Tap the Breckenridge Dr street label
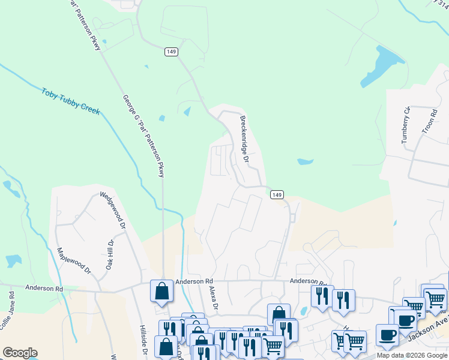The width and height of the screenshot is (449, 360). point(244,139)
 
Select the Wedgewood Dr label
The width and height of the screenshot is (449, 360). point(112,211)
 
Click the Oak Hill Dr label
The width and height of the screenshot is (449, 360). point(110,255)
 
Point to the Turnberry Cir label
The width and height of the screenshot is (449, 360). point(406,125)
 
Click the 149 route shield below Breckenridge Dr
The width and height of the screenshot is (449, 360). point(276,195)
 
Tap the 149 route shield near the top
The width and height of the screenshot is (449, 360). point(171,52)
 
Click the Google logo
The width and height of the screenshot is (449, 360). point(20,353)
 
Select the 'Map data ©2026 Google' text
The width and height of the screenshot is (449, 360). point(413,355)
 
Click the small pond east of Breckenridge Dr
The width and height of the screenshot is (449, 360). point(305,161)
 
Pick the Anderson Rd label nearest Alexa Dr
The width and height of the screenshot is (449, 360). point(194,281)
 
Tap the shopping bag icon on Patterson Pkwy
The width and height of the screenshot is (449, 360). point(162,292)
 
